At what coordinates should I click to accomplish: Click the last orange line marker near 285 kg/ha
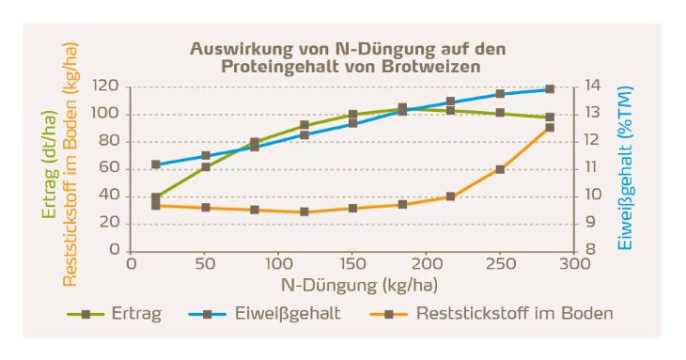tap(551, 128)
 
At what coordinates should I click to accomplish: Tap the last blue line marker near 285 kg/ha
tap(551, 89)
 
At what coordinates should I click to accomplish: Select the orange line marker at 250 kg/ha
tap(500, 169)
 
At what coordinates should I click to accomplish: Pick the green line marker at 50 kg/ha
tap(206, 166)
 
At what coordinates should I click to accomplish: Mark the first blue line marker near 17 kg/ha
tap(157, 164)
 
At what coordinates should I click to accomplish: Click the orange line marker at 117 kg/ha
tap(304, 211)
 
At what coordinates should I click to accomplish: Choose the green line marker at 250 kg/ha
tap(500, 113)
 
